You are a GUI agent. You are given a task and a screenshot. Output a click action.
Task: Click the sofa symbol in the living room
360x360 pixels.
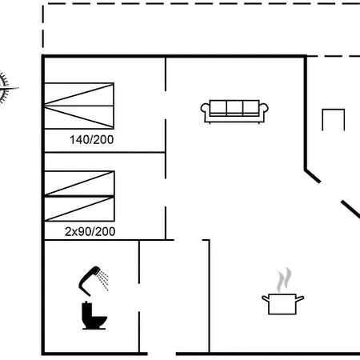tap(234, 111)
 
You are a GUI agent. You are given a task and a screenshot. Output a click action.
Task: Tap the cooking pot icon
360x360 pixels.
tap(282, 304)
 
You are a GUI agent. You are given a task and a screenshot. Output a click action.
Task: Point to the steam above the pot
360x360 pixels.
tap(284, 279)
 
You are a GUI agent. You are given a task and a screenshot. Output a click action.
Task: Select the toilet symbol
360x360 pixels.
tap(94, 315)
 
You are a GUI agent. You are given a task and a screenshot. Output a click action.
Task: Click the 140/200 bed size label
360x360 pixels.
tap(91, 140)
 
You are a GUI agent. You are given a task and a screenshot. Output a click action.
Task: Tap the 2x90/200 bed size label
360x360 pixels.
tap(90, 231)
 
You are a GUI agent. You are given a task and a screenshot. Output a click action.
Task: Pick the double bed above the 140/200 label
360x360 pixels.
tap(79, 106)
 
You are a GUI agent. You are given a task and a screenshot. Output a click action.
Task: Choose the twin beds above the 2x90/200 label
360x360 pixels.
tap(79, 196)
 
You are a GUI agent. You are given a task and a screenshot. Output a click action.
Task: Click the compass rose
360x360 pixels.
tap(6, 88)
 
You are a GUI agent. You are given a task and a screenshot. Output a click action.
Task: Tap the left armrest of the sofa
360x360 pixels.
tap(205, 113)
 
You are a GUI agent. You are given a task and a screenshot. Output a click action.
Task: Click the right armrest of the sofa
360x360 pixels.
tap(264, 113)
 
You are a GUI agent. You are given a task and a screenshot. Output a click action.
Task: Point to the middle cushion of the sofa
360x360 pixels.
tap(234, 108)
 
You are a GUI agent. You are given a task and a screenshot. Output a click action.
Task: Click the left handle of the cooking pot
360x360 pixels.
tap(266, 298)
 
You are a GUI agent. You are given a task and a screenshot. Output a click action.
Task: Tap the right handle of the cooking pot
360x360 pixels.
tap(300, 298)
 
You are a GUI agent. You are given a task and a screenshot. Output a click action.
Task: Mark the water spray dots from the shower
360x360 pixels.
tap(103, 280)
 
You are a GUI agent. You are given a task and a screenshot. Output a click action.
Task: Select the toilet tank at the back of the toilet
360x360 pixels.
tap(86, 310)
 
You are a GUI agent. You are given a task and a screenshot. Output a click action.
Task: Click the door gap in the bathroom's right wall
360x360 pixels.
tap(139, 298)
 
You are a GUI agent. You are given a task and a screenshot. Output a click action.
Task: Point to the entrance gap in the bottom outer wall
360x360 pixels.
tap(162, 354)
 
